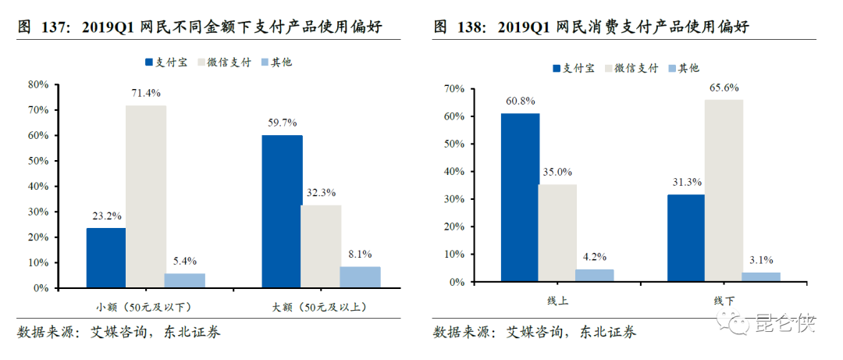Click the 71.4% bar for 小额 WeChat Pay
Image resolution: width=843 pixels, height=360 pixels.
145,197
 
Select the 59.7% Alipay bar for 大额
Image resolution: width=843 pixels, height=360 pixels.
282,212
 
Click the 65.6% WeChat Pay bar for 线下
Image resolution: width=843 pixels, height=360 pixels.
724,191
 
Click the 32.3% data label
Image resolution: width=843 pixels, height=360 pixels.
320,192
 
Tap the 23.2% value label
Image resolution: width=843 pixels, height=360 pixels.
106,216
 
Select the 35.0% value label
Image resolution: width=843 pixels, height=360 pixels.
557,172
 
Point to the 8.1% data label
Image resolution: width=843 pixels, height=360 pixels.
359,254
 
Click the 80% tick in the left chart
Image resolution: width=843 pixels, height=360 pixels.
39,84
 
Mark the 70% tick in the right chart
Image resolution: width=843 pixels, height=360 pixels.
454,89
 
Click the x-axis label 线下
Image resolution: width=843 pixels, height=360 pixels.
723,301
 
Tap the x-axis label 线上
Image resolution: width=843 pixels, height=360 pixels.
557,301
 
